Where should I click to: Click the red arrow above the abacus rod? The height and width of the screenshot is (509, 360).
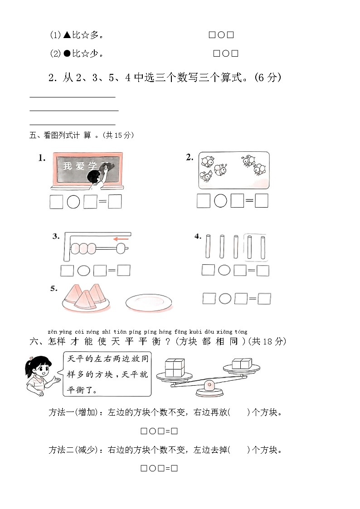point(121,239)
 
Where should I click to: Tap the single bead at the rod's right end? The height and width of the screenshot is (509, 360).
point(121,248)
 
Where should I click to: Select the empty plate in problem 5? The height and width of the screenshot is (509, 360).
point(149,302)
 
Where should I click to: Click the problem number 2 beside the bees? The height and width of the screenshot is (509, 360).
point(190,157)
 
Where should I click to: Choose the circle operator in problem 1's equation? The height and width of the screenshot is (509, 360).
point(73,202)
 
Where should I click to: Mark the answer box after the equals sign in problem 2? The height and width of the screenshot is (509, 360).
point(262,200)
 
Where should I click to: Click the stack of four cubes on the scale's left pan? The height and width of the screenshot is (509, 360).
point(174,368)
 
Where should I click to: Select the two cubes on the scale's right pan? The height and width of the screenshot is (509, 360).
point(242,364)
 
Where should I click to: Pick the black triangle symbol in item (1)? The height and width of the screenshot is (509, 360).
point(67,35)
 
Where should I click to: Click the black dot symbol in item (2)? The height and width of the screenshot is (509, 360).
point(67,54)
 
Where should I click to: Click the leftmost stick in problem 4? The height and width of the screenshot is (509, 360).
point(208,247)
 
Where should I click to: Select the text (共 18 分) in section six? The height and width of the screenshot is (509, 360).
point(267,341)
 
